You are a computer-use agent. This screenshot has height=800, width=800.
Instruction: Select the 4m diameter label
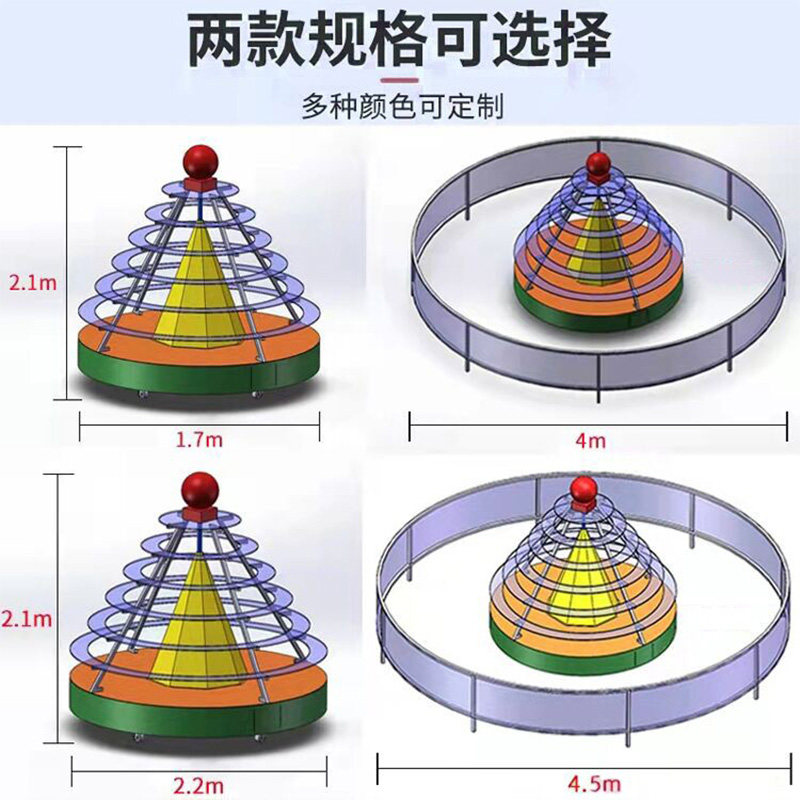pyautogui.click(x=597, y=439)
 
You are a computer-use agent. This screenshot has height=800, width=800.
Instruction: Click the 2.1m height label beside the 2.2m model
pyautogui.click(x=27, y=619)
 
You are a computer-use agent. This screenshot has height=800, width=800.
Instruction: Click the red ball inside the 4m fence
pyautogui.click(x=598, y=165)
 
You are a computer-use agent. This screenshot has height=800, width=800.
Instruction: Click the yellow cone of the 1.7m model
pyautogui.click(x=198, y=285)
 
